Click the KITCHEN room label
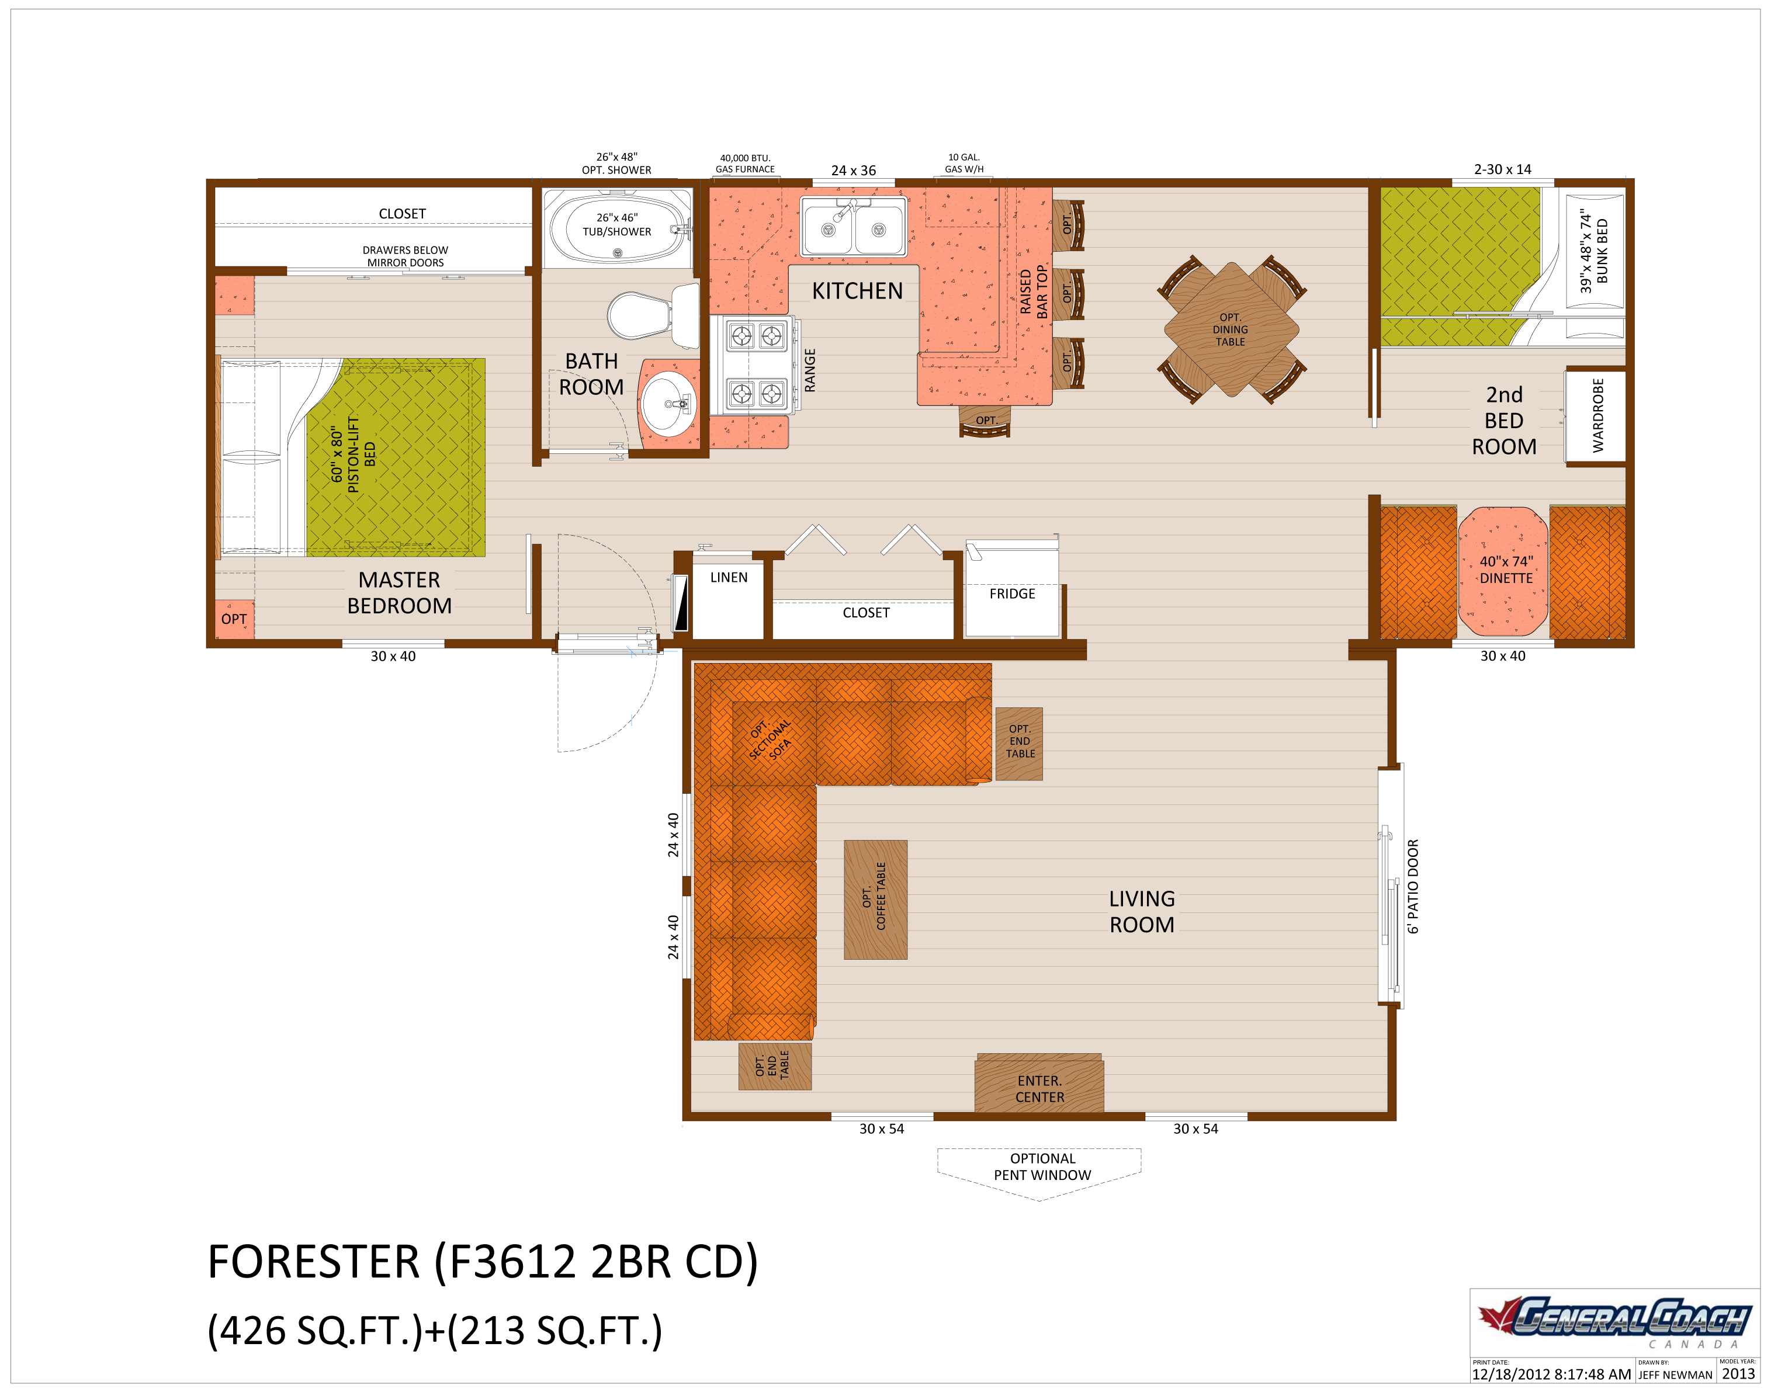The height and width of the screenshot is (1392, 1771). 857,291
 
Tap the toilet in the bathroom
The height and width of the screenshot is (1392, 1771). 644,315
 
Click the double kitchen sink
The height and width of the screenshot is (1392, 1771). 853,225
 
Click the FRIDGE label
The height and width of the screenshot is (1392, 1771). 1012,594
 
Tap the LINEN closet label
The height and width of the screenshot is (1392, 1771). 729,578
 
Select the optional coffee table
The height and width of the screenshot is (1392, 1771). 875,899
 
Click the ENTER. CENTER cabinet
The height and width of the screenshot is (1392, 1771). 1039,1088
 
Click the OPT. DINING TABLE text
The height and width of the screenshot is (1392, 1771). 1230,329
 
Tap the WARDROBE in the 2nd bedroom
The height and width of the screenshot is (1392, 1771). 1597,416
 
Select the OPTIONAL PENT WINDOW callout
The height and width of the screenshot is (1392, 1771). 1042,1167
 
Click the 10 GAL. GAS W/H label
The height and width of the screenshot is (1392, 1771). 964,164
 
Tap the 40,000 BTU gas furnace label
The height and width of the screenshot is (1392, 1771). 745,164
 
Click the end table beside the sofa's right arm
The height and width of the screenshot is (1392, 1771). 1020,742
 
